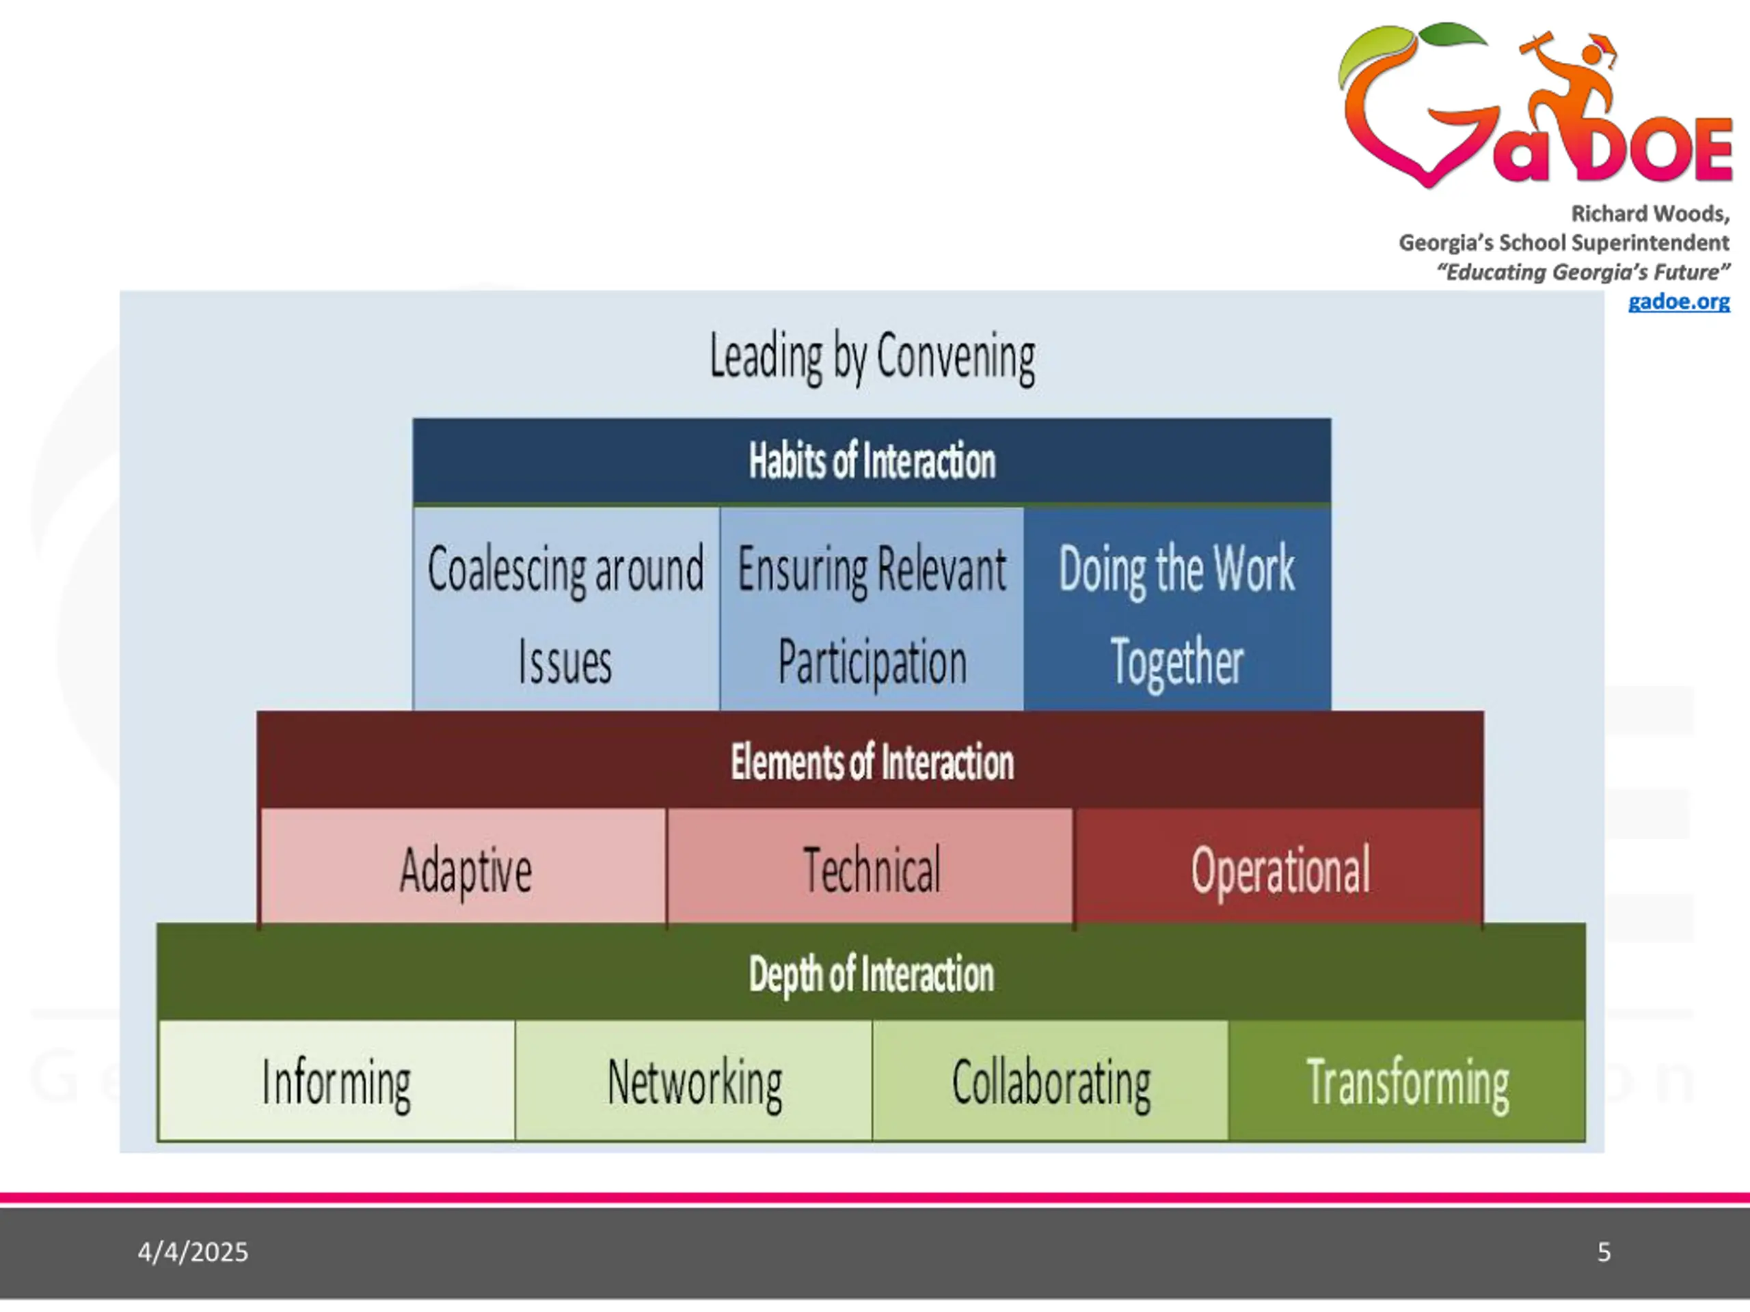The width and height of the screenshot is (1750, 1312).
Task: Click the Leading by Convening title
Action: [872, 357]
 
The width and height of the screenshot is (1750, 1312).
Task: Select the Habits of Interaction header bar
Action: [872, 461]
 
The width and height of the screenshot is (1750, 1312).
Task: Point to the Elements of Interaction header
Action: [872, 762]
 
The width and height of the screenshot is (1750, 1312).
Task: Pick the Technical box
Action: [871, 869]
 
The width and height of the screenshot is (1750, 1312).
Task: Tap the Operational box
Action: [1279, 869]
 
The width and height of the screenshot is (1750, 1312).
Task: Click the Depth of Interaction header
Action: [872, 974]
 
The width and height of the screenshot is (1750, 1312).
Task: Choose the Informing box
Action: [337, 1081]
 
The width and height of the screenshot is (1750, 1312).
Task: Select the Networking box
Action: [694, 1081]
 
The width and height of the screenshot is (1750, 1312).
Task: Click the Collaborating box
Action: [1051, 1081]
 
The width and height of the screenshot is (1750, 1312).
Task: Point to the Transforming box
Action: [1408, 1081]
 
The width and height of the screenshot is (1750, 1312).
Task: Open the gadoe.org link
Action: [1678, 301]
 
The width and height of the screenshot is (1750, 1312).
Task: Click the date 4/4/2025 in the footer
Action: [192, 1252]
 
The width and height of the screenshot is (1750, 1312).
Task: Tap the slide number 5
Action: [1604, 1252]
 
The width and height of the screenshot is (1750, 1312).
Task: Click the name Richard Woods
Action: [1649, 213]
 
